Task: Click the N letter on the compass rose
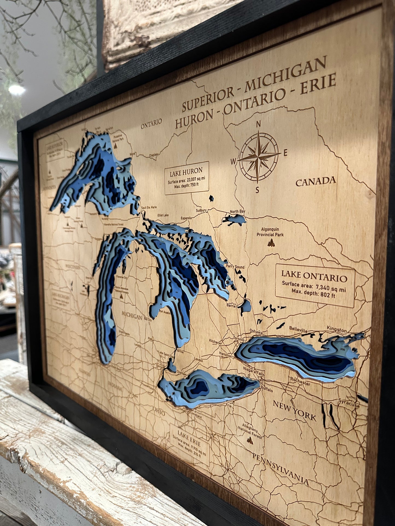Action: tap(258, 124)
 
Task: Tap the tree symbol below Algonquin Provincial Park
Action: tap(271, 242)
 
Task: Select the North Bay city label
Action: tap(237, 212)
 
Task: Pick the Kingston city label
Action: tap(337, 330)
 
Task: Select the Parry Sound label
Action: tap(235, 267)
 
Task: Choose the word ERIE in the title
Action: tap(318, 85)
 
